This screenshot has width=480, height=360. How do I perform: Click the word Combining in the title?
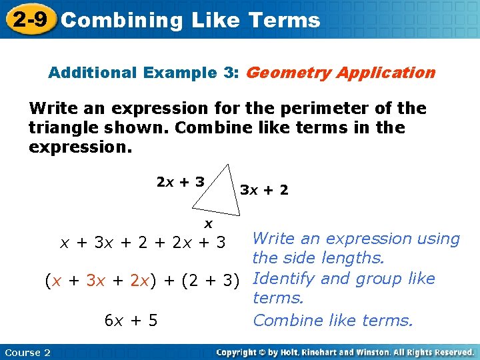[121, 21]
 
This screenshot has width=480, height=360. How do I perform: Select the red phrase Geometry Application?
[340, 73]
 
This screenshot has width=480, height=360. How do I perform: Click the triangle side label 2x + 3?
[180, 181]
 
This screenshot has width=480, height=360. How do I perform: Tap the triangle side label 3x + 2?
[264, 190]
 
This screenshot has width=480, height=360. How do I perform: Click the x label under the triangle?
[209, 223]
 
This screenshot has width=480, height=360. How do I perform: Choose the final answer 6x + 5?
[131, 321]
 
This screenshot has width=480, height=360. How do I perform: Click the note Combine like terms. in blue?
[333, 321]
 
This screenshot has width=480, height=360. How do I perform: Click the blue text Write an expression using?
[357, 239]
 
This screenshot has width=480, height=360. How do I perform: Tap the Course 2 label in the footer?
[27, 352]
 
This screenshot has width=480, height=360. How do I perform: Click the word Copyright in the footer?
[239, 352]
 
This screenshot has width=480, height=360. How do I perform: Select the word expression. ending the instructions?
[81, 147]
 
